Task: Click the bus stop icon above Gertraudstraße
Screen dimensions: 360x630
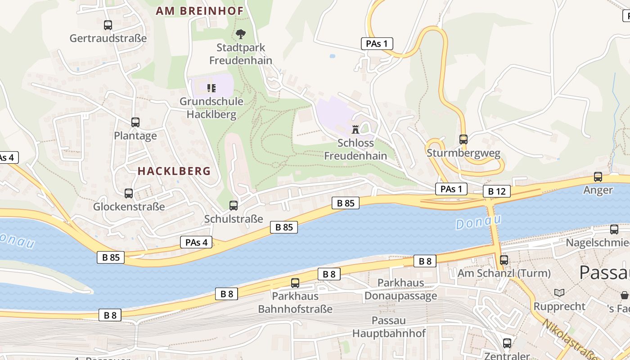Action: click(x=108, y=25)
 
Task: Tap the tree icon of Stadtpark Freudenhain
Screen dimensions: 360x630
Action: click(x=241, y=34)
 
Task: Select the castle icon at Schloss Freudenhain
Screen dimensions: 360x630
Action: click(x=355, y=130)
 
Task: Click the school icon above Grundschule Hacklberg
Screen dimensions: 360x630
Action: click(x=211, y=88)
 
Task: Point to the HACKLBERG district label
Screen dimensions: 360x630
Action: click(x=174, y=171)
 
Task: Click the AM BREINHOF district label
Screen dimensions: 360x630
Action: click(x=199, y=11)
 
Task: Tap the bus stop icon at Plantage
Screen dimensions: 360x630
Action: click(x=135, y=122)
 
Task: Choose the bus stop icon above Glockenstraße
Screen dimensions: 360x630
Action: click(x=129, y=193)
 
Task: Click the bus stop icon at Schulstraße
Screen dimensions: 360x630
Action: click(x=234, y=206)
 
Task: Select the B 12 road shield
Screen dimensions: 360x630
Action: click(x=497, y=191)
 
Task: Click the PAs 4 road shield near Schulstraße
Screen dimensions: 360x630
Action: click(x=196, y=242)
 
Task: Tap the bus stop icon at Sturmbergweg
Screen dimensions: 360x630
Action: click(x=463, y=139)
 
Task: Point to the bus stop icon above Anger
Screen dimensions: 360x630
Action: click(x=598, y=177)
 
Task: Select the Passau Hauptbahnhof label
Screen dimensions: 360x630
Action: click(x=389, y=327)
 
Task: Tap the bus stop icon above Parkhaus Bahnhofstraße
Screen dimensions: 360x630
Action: click(x=295, y=283)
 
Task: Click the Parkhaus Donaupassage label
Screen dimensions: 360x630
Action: click(x=400, y=289)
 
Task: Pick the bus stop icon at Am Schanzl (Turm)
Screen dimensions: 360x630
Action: click(x=504, y=260)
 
